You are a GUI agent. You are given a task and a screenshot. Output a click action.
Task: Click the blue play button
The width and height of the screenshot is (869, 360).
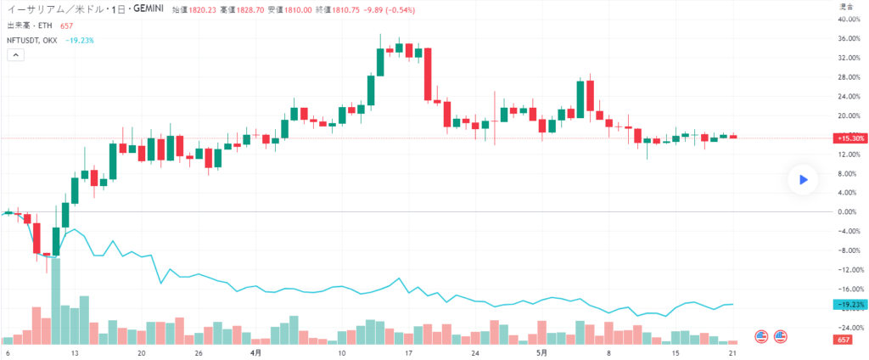802,179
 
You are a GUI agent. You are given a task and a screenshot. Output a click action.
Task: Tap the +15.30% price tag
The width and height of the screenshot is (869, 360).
849,138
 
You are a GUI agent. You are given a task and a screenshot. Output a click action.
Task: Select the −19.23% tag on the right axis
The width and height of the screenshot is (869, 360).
849,304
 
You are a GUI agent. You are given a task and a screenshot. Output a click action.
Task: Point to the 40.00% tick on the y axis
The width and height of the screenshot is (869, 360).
849,20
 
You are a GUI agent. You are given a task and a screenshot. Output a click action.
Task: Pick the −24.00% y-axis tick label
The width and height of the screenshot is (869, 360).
849,327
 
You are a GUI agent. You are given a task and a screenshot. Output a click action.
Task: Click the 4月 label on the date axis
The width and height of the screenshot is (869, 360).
255,352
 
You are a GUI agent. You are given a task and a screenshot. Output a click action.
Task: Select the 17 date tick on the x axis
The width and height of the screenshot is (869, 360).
408,352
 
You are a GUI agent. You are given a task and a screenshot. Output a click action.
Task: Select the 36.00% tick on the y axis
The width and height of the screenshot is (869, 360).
849,39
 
